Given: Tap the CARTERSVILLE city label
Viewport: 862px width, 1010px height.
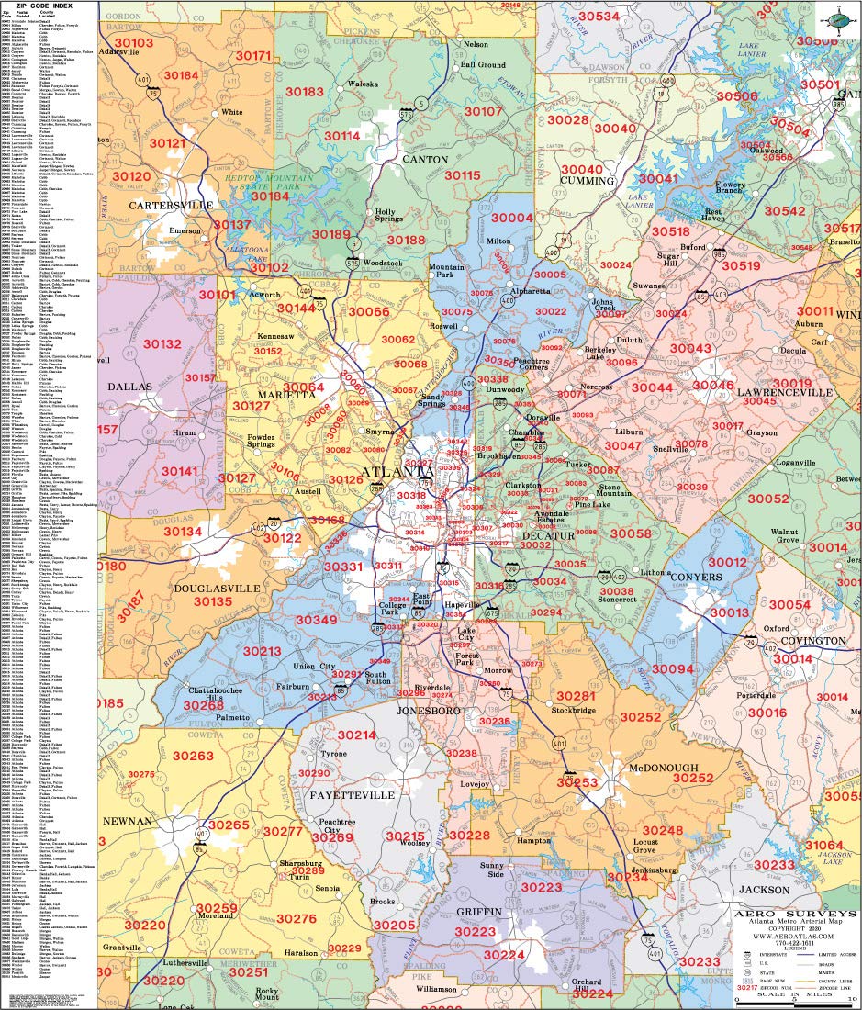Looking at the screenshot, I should pos(171,205).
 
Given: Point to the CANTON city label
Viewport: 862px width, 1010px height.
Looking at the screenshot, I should pos(424,160).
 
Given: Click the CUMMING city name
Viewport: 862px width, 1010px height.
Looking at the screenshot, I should pos(587,181).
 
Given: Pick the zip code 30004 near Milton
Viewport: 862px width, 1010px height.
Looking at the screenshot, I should pos(511,218).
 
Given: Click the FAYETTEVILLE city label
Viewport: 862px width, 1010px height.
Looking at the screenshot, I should pos(351,794).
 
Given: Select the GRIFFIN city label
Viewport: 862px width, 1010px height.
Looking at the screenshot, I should pos(478,911).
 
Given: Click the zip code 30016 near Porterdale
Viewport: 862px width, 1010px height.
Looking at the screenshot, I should pos(767,712).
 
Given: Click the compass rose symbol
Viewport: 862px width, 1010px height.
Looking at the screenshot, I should pos(837,19).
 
